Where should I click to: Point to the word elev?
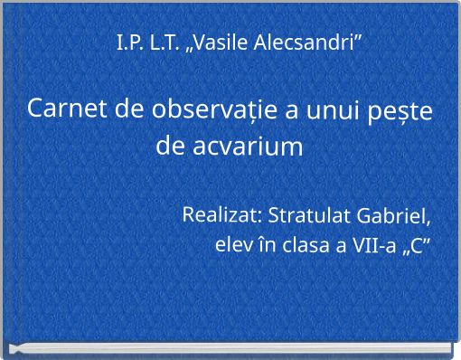(x=232, y=245)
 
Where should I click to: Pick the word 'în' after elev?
(x=268, y=245)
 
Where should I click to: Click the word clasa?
(x=306, y=245)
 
